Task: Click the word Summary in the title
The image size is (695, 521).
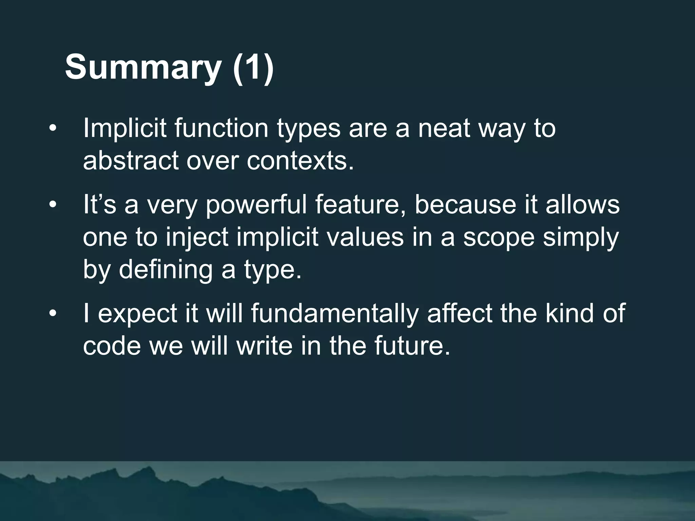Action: coord(143,67)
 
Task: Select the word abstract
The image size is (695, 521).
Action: coord(131,160)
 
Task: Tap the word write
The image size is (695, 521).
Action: coord(264,346)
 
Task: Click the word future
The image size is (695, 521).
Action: coord(412,346)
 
